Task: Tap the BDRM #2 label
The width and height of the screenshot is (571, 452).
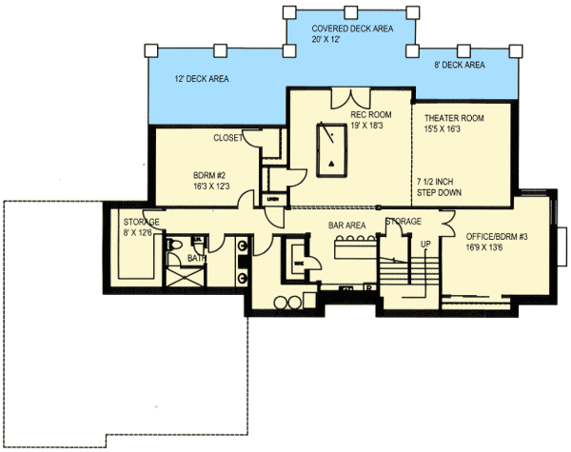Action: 211,177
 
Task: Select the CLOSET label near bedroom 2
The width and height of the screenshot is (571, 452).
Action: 227,138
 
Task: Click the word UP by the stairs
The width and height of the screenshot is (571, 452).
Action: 426,245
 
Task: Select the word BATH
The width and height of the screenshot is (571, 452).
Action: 196,258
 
